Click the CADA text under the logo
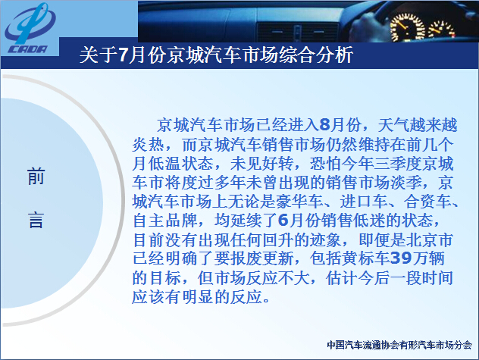pyautogui.click(x=27, y=49)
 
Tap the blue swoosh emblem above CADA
pyautogui.click(x=30, y=23)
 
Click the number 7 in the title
pyautogui.click(x=123, y=55)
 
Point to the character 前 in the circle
pyautogui.click(x=36, y=177)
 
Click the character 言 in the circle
pyautogui.click(x=36, y=220)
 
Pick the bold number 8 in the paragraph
pyautogui.click(x=324, y=125)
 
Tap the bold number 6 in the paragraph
pyautogui.click(x=283, y=221)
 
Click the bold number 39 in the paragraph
pyautogui.click(x=402, y=258)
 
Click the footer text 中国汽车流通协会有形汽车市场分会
pyautogui.click(x=399, y=345)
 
